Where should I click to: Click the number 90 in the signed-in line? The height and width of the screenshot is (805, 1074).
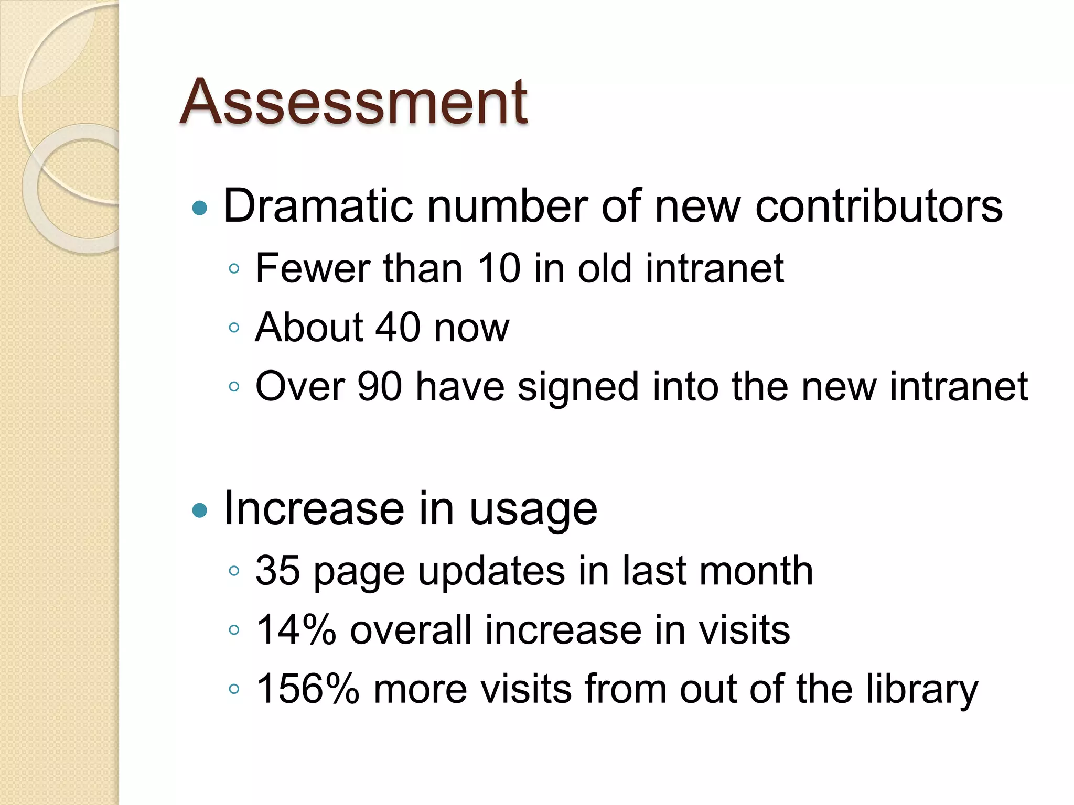[x=379, y=387]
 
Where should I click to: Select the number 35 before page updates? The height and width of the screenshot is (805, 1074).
[x=278, y=570]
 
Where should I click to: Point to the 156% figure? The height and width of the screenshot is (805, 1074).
[x=308, y=689]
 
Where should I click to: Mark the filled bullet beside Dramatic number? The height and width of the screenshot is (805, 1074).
[x=200, y=208]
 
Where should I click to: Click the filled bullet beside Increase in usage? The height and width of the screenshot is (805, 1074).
[x=200, y=510]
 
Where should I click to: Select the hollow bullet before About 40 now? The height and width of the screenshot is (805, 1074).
[x=234, y=328]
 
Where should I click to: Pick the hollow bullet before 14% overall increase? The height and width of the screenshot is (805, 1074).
[x=234, y=629]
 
